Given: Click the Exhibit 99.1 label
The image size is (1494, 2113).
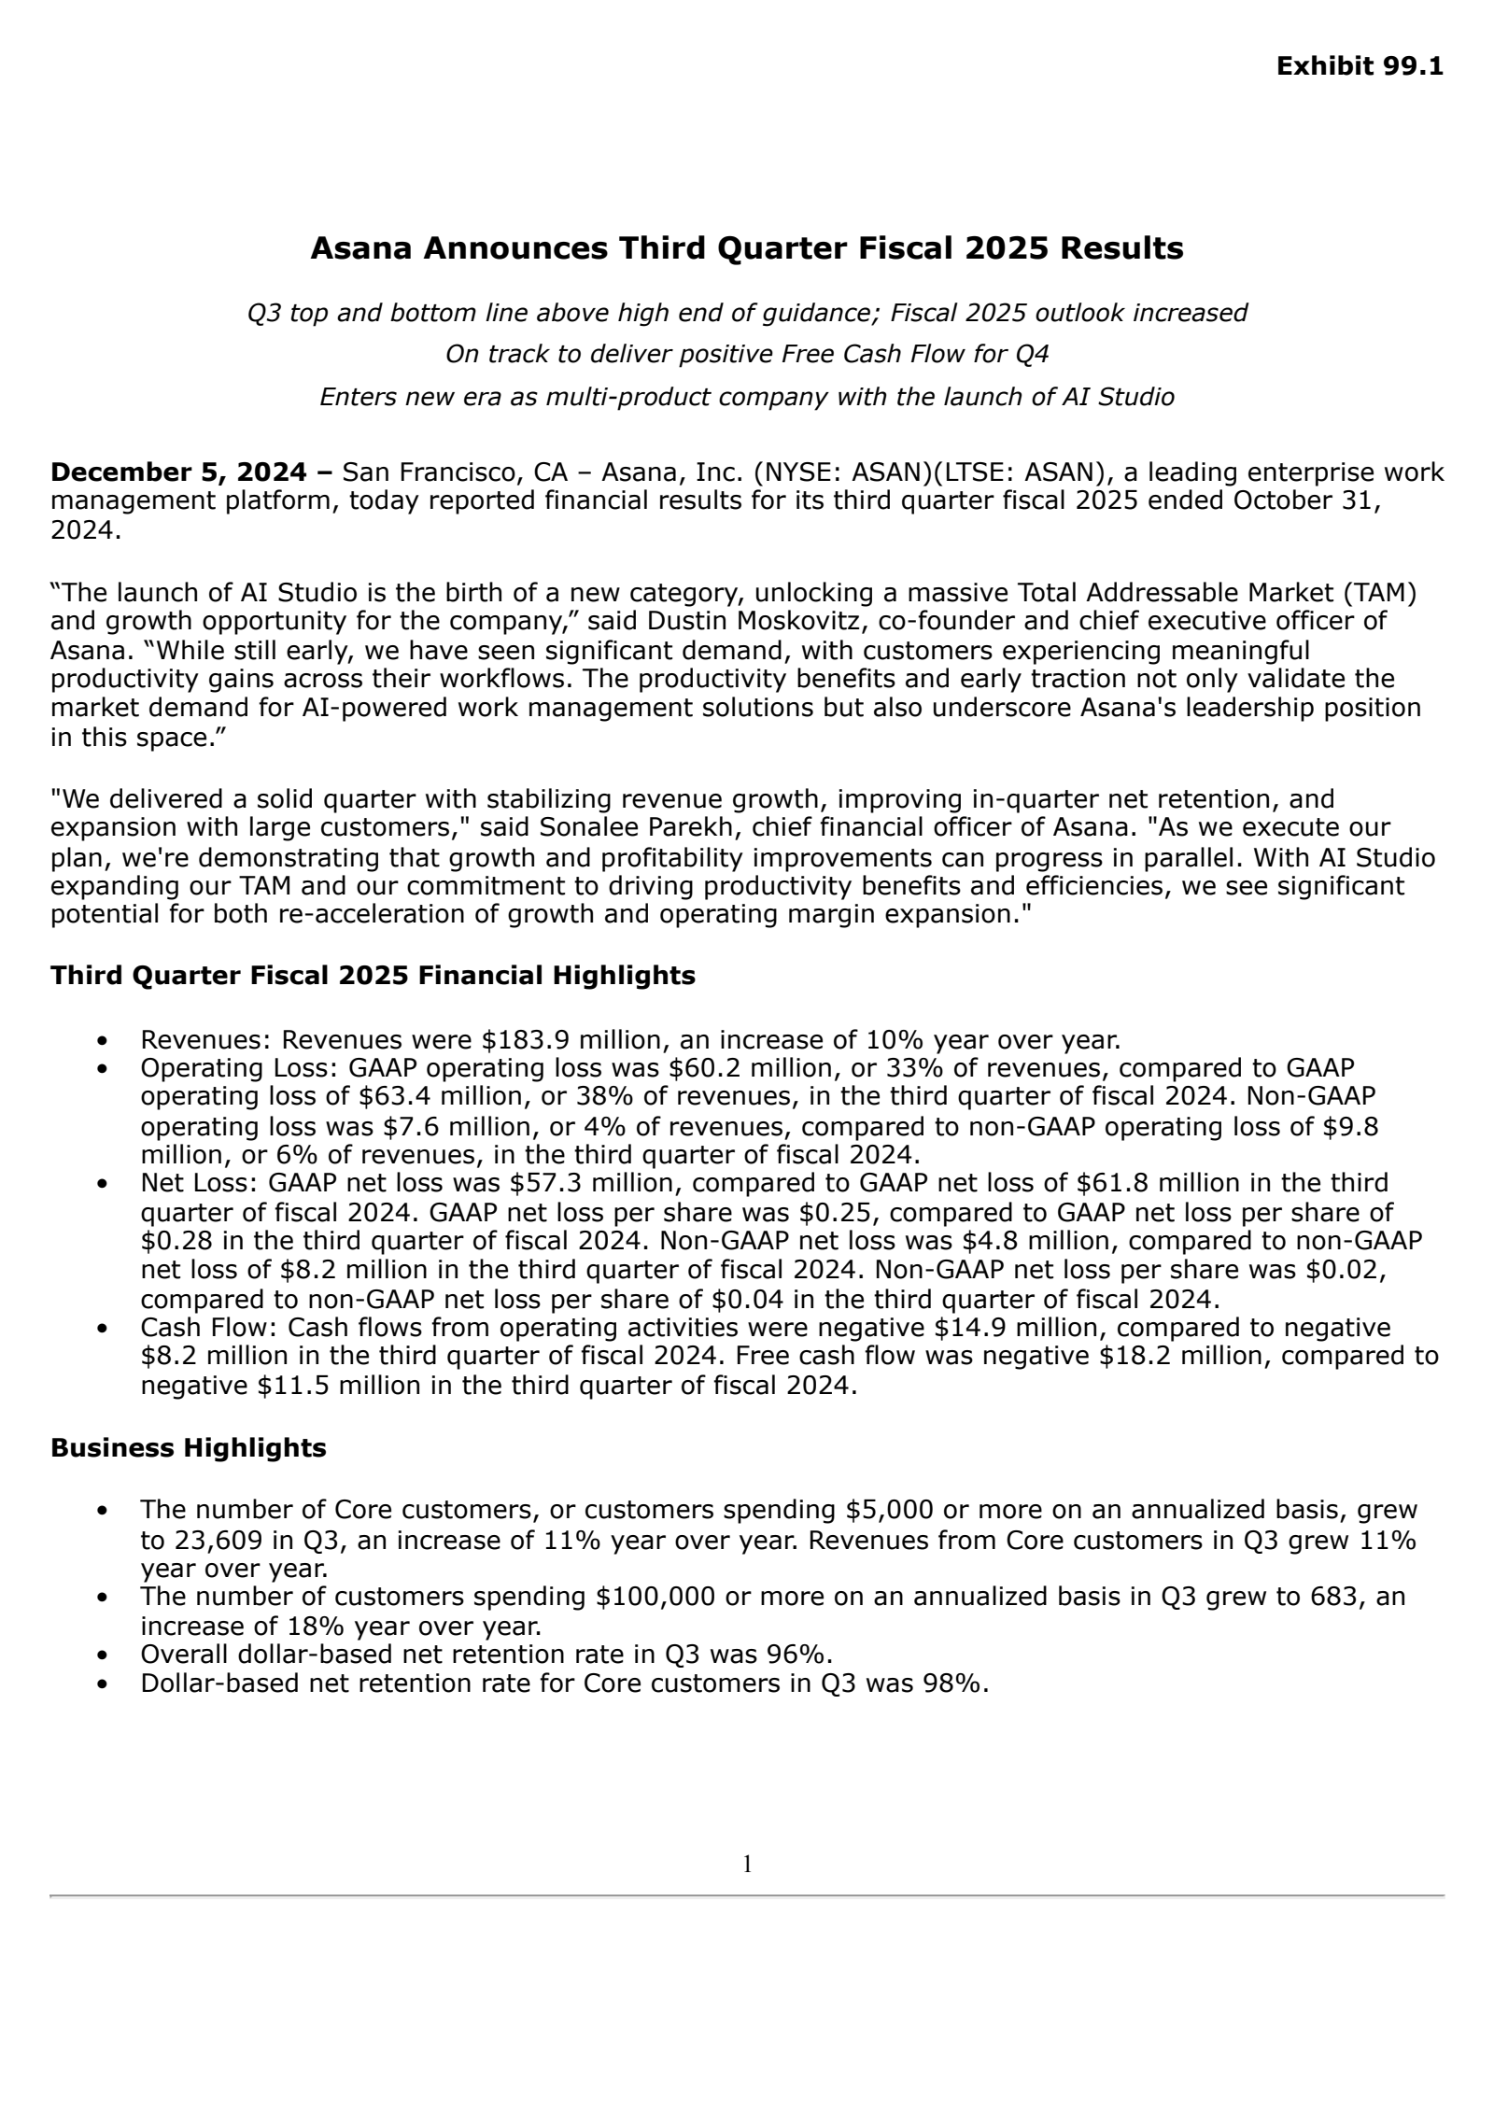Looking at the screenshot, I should tap(1359, 66).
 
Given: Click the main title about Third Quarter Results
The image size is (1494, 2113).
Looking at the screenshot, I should tap(746, 248).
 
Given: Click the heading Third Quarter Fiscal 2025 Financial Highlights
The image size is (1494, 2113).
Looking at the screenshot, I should tap(373, 976).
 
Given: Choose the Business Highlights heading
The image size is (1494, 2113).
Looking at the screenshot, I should tap(188, 1447).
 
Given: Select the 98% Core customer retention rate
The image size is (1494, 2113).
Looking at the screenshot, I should tap(961, 1683).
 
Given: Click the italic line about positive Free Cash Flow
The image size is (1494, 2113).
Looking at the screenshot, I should tap(746, 355).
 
